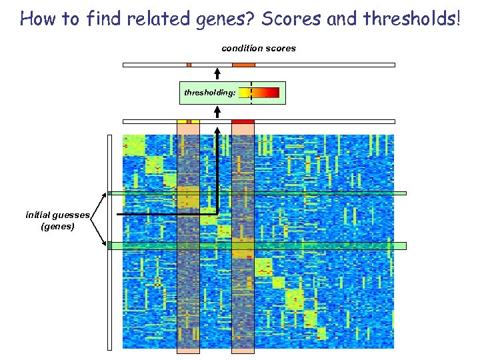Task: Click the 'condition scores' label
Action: coord(259,48)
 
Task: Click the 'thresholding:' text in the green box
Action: coord(209,93)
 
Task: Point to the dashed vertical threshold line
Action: coord(251,93)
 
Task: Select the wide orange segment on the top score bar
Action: coord(243,65)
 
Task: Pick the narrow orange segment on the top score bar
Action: coord(189,65)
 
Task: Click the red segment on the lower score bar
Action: coord(243,121)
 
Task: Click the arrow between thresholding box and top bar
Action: coord(217,73)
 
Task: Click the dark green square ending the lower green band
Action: coord(110,246)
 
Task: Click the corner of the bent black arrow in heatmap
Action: coord(217,214)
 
